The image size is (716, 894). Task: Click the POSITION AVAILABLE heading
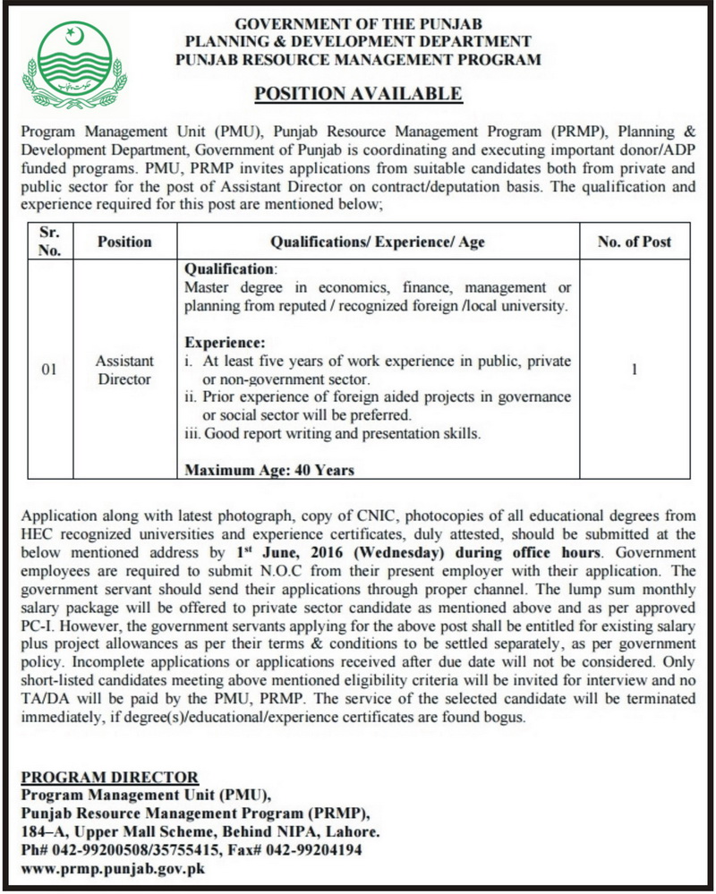[358, 93]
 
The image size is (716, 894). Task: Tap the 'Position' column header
[124, 242]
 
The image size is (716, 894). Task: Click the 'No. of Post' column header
[635, 242]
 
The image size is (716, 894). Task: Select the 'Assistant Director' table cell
[124, 370]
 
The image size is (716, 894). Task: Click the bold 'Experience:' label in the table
[224, 342]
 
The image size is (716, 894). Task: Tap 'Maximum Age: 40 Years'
[268, 469]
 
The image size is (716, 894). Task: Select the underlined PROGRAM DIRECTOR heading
[108, 776]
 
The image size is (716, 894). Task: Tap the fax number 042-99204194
[309, 849]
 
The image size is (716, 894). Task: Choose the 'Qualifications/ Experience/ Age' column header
[371, 242]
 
